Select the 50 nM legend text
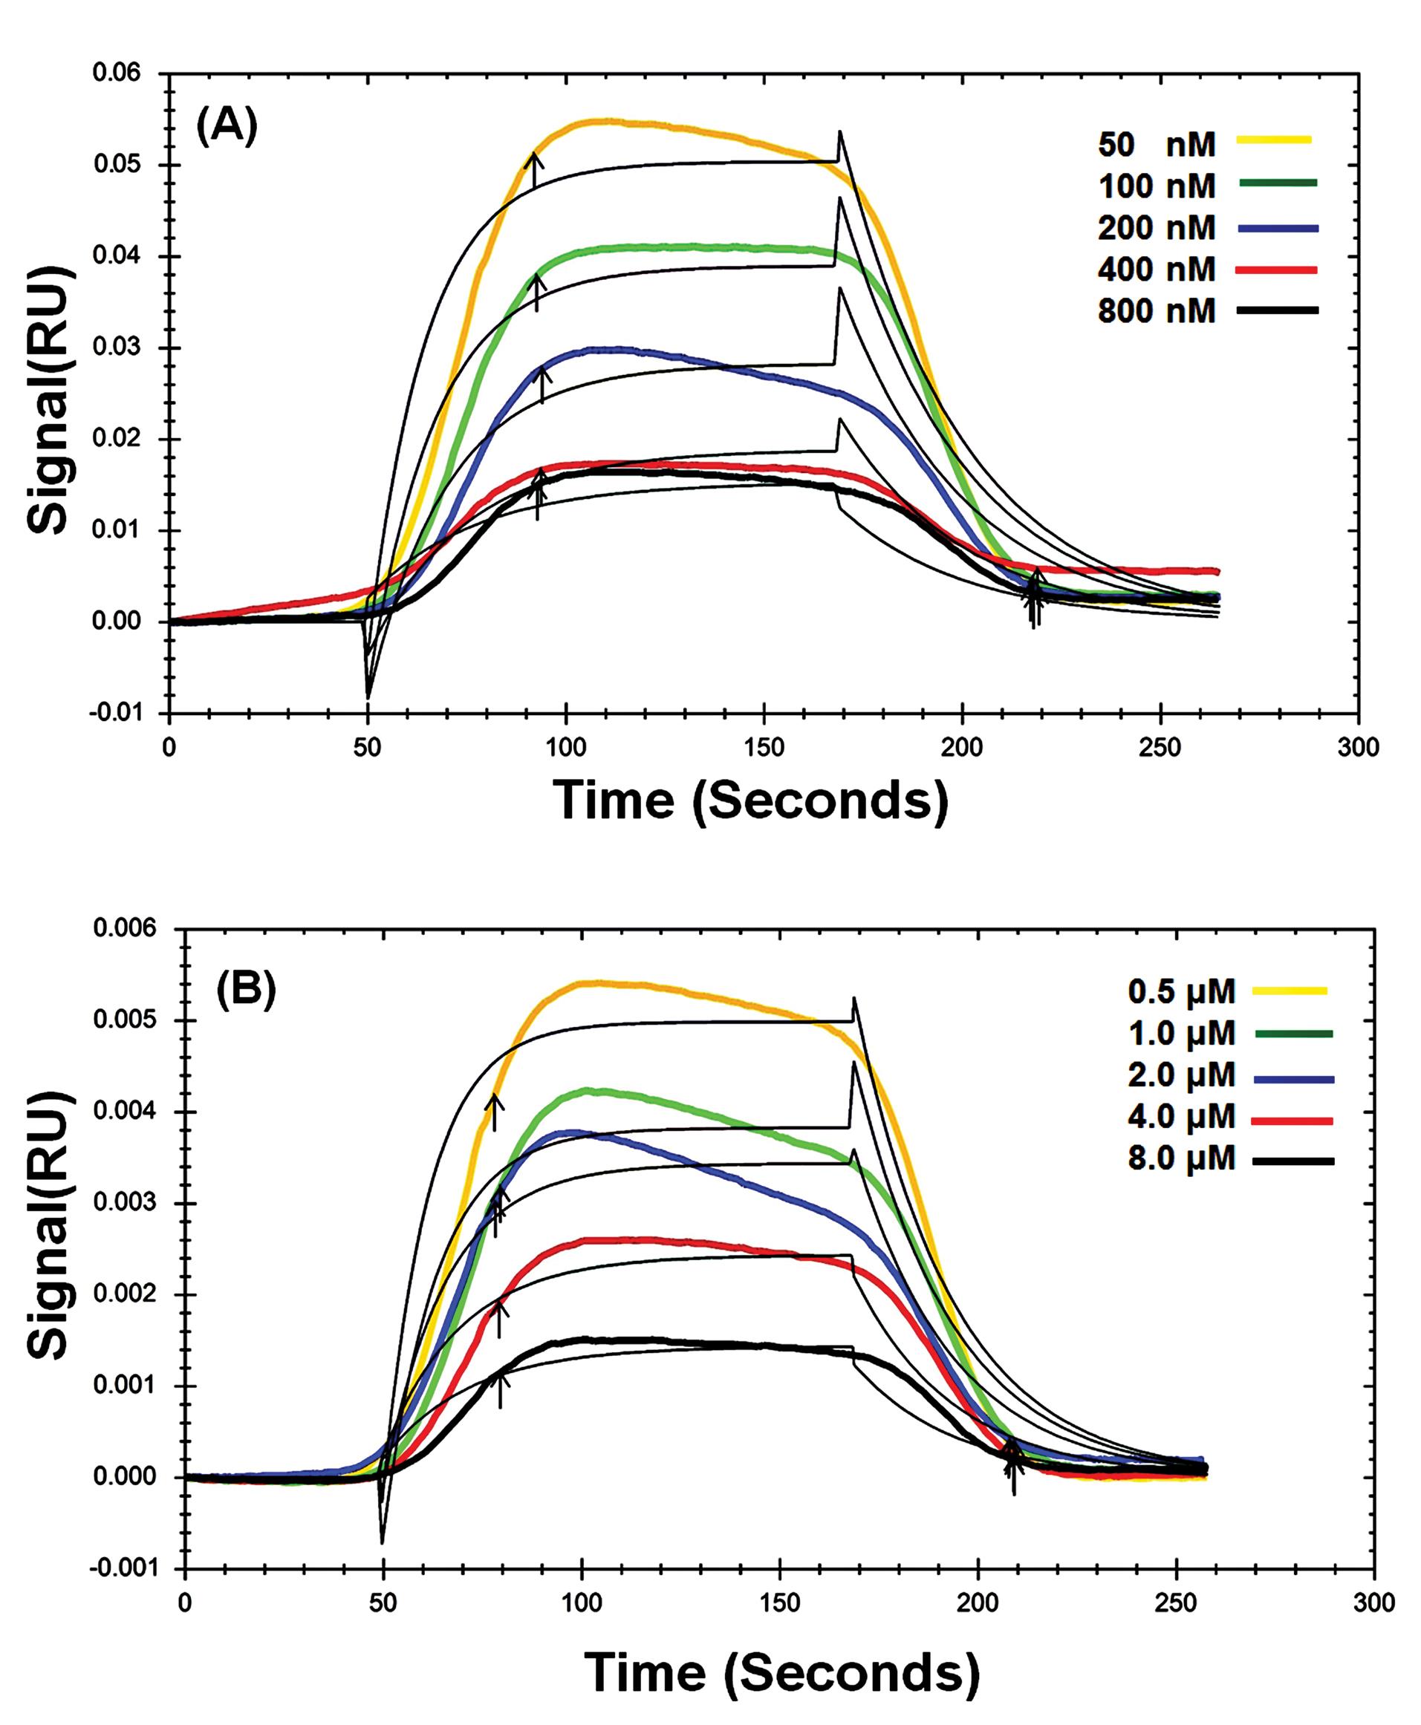1157,144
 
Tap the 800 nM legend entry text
1157,311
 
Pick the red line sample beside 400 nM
1278,270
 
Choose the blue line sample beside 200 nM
1278,227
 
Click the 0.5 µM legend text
1181,991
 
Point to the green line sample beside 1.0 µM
1293,1034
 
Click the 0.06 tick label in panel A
117,74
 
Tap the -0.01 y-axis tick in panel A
114,713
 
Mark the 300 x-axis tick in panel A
1358,747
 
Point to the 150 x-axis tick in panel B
779,1603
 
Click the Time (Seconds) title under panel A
750,800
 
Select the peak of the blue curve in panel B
577,1132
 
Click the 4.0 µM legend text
1181,1117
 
